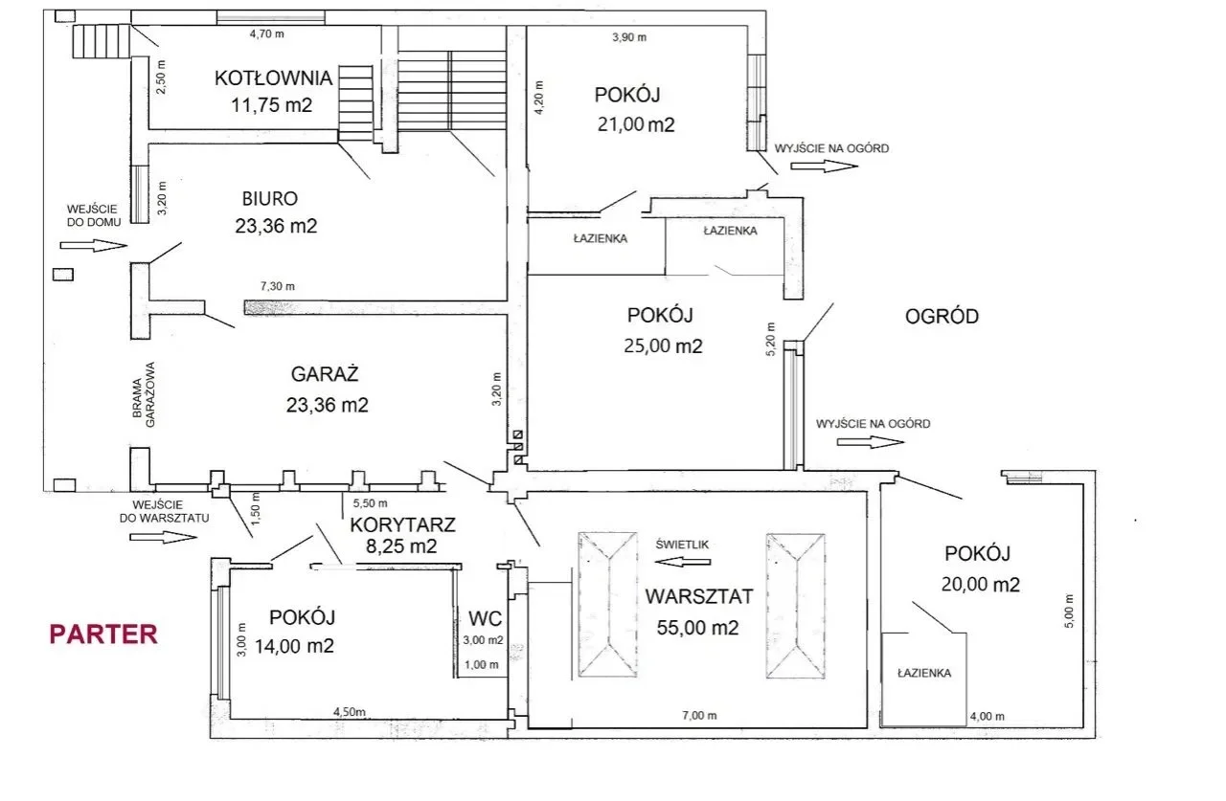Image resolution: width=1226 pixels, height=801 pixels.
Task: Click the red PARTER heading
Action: coord(103,634)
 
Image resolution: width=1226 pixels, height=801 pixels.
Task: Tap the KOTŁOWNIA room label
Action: coord(273,78)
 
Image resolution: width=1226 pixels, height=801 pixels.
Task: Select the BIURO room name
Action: coord(270,198)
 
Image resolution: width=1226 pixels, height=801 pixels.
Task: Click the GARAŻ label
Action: coord(325,374)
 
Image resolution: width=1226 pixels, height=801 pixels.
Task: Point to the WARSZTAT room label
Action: coord(699,596)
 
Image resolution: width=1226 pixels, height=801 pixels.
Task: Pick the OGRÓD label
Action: coord(942,317)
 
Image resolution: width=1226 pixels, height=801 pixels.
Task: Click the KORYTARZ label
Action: coord(402,524)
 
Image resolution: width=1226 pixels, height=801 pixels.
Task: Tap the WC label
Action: coord(485,618)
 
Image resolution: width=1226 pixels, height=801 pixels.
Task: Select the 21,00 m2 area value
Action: coord(636,124)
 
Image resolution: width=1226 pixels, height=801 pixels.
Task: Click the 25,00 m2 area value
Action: coord(663,346)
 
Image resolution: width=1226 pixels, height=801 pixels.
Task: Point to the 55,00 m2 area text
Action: coord(697,628)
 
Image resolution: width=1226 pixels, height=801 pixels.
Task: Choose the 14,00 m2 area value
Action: coord(294,646)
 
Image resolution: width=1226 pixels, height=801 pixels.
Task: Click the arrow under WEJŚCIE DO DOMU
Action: coord(94,246)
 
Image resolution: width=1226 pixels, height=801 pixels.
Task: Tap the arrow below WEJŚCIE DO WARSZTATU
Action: coord(163,538)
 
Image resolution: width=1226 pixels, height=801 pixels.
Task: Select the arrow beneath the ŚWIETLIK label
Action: coord(683,562)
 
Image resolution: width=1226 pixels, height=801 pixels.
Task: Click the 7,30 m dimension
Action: coord(278,286)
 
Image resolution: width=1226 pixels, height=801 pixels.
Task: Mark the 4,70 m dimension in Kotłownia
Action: coord(267,33)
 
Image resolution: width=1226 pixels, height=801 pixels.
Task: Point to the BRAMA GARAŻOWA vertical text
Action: coord(144,394)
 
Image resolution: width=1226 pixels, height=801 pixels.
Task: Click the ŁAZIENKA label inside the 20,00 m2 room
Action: coord(924,673)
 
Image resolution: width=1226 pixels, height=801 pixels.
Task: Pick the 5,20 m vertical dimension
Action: coord(771,339)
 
